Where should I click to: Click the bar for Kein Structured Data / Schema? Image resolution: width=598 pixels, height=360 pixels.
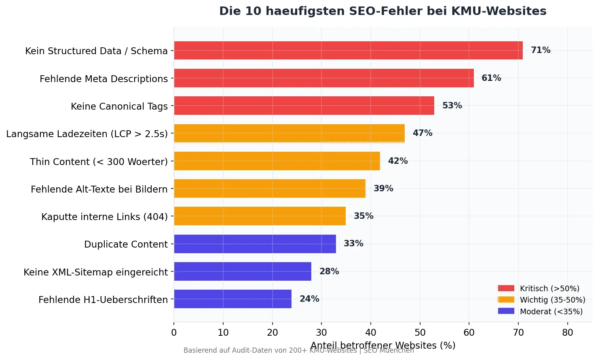click(348, 51)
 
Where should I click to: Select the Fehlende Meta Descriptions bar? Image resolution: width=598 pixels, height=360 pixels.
click(323, 78)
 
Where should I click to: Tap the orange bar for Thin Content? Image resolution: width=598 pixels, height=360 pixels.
click(277, 161)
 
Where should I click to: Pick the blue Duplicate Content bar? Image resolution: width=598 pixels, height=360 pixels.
click(255, 244)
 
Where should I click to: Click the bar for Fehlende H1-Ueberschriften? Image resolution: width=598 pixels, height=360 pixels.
click(232, 299)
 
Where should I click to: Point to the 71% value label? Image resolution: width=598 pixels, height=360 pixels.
click(541, 50)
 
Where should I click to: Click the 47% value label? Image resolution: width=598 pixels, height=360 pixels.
click(423, 133)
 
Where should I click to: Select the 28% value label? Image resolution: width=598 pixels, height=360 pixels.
click(329, 271)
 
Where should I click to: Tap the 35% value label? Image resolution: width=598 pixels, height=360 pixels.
click(363, 216)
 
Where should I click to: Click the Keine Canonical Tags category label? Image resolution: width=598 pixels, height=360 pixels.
click(119, 106)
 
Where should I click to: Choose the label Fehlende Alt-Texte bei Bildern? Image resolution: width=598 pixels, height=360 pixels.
click(99, 189)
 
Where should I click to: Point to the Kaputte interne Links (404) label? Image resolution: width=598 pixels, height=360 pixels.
click(104, 217)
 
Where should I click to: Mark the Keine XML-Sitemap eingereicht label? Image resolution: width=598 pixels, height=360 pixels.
click(95, 272)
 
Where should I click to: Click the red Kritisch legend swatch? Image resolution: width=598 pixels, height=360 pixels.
click(506, 288)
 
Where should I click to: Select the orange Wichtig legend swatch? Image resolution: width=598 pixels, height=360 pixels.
click(506, 300)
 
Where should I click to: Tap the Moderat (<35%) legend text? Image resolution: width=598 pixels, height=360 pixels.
click(551, 311)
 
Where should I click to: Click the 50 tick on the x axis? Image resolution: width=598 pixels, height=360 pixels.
click(420, 332)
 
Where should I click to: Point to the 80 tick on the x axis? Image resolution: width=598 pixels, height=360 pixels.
click(568, 332)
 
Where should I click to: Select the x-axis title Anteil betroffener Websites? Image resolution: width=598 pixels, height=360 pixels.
click(382, 345)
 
